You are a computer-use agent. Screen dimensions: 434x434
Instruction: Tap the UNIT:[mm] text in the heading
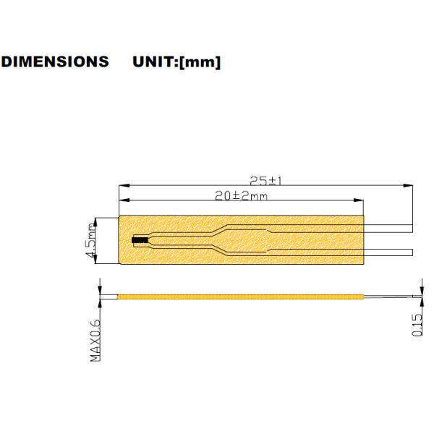point(177,62)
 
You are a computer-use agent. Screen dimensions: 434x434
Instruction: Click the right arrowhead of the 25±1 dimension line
point(409,186)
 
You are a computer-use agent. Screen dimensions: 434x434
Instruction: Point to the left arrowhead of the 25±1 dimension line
point(122,186)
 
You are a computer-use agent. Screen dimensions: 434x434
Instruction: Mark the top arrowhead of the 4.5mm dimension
point(98,220)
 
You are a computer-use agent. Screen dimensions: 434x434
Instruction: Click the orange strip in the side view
point(239,297)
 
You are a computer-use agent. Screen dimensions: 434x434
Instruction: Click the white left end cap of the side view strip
point(108,297)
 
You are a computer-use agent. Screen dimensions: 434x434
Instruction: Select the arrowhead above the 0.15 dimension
point(417,289)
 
